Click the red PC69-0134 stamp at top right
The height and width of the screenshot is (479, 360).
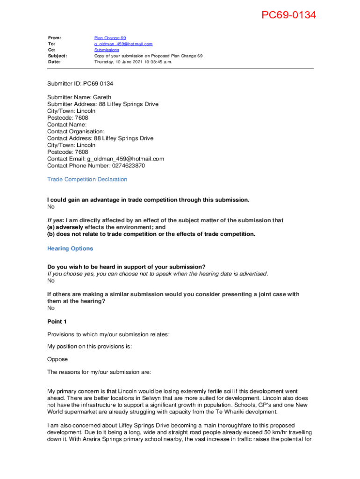[288, 15]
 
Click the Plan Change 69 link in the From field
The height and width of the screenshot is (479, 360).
[110, 38]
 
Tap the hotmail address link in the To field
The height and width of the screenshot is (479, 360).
[123, 44]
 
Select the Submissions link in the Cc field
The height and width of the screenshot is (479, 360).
[107, 50]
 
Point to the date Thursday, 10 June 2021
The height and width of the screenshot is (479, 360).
[133, 62]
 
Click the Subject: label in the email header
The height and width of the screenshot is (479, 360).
[58, 56]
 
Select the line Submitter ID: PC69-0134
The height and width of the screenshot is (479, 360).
[80, 84]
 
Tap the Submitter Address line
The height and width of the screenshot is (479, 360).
[102, 104]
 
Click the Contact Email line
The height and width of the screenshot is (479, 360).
[106, 159]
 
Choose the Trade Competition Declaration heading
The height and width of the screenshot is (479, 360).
[87, 180]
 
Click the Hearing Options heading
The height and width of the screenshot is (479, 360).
[70, 249]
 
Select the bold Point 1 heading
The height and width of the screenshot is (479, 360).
[57, 322]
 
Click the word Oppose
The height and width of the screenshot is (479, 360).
[58, 360]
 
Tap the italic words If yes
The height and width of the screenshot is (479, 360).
[55, 220]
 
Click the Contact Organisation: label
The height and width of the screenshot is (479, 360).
[76, 132]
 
